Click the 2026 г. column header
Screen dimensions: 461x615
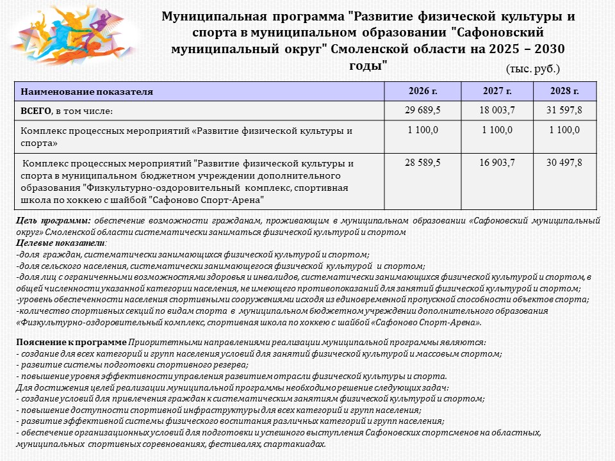(x=422, y=91)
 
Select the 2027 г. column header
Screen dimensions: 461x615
(x=497, y=91)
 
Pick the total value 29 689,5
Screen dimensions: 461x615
(x=422, y=110)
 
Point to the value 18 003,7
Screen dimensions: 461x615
(x=497, y=110)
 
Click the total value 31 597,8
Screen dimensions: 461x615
(x=564, y=110)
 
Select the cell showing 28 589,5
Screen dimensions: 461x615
(x=422, y=163)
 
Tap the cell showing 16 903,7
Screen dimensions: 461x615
(x=497, y=163)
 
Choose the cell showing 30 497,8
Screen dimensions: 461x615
(x=564, y=163)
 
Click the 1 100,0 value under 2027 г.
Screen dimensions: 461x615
(x=497, y=130)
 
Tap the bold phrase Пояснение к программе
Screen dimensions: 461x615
(x=71, y=343)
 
